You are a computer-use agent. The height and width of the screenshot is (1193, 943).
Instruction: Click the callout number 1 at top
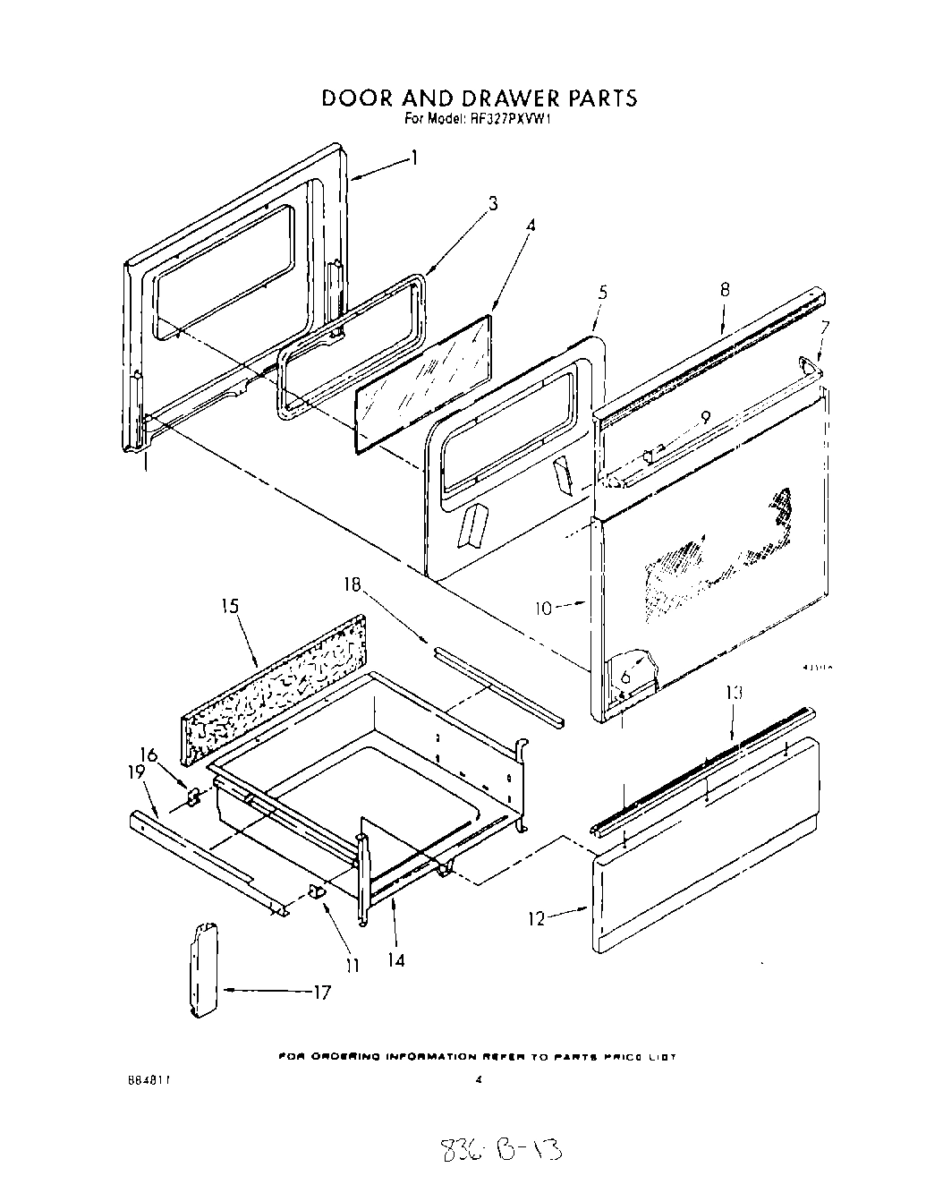pyautogui.click(x=414, y=158)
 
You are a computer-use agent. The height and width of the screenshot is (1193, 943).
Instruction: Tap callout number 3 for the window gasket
pyautogui.click(x=492, y=203)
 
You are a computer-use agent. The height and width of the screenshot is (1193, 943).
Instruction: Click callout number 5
pyautogui.click(x=602, y=292)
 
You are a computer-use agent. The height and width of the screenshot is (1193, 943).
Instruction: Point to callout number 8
pyautogui.click(x=725, y=289)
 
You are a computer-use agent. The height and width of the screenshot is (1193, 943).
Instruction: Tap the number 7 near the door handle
pyautogui.click(x=825, y=328)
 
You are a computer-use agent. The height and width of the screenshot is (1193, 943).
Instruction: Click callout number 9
pyautogui.click(x=705, y=416)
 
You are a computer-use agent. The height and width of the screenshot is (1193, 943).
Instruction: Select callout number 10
pyautogui.click(x=544, y=609)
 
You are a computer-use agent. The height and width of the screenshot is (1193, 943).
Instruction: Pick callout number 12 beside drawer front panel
pyautogui.click(x=536, y=919)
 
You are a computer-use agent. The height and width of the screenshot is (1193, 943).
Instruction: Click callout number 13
pyautogui.click(x=735, y=693)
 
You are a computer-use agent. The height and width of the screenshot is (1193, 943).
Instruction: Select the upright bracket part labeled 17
pyautogui.click(x=205, y=971)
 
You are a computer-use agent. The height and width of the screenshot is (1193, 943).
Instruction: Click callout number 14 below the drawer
pyautogui.click(x=395, y=960)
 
